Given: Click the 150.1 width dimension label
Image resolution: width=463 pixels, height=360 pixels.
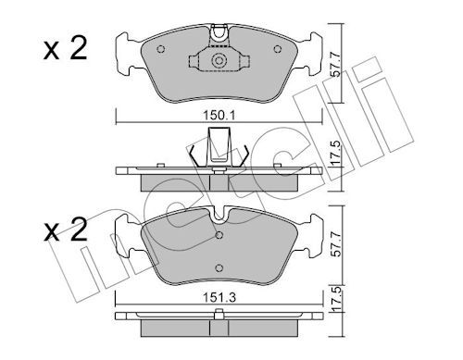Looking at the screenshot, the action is point(219,116).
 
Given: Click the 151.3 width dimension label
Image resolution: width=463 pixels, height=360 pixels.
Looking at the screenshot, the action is point(219,298).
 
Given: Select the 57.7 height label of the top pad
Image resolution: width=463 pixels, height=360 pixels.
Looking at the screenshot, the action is point(335,65).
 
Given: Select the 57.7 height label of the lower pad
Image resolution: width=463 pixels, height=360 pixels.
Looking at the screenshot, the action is point(335,244).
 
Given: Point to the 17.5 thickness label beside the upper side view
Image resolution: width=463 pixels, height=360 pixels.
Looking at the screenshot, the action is point(336,153).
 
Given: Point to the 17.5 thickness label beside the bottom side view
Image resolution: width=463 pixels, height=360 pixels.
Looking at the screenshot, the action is point(336,299).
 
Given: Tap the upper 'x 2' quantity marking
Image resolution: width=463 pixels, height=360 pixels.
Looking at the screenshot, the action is point(66,49).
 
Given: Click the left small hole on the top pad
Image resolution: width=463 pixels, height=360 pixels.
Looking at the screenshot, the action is point(161,49).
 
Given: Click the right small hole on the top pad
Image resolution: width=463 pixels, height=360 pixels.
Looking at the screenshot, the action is point(278,49).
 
